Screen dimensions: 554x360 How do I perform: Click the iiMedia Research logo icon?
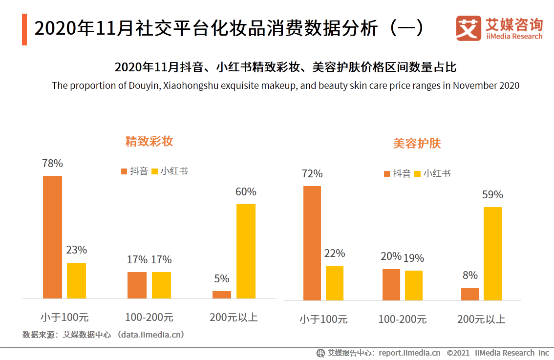click(468, 28)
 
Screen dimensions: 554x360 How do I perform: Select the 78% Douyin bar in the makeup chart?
click(52, 237)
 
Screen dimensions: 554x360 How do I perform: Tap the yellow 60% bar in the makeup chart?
click(246, 251)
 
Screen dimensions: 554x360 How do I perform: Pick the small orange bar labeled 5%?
click(221, 295)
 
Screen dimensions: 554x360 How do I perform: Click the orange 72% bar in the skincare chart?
click(312, 243)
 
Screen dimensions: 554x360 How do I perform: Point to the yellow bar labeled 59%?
click(492, 254)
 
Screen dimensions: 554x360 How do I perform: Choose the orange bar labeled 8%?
click(470, 294)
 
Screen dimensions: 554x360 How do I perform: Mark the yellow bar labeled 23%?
click(76, 280)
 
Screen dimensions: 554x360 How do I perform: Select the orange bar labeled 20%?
click(391, 285)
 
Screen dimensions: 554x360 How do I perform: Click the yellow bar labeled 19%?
click(414, 285)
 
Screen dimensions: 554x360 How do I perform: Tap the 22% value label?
click(335, 254)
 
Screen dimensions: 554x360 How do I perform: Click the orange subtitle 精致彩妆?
click(149, 141)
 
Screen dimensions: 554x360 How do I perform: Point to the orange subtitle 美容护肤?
click(417, 144)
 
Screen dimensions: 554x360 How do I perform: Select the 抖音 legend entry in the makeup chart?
click(135, 171)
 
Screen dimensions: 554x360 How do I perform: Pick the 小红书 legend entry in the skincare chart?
click(432, 173)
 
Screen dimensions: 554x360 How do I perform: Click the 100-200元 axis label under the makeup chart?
click(149, 317)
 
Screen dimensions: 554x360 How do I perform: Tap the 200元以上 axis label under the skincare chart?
click(481, 319)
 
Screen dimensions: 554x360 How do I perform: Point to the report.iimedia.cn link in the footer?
click(409, 353)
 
